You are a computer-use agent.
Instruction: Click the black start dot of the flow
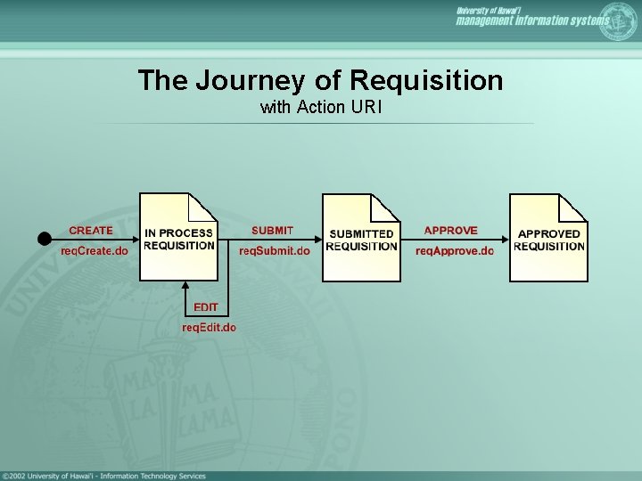pos(43,239)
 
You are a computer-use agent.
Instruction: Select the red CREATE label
pos(91,231)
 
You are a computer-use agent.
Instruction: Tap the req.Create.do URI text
pos(94,251)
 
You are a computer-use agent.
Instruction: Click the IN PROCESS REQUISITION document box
pos(178,238)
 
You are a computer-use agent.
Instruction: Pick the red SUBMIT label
pos(272,231)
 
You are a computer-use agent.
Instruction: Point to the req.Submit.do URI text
pos(275,251)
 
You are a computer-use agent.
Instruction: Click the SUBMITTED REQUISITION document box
pos(361,239)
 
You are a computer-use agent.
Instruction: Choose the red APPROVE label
pos(450,231)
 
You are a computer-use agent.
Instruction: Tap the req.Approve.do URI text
pos(454,251)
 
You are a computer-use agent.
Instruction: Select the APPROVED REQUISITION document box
pos(548,239)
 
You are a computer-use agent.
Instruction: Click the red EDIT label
pos(206,307)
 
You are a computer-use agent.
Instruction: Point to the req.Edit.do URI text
pos(209,327)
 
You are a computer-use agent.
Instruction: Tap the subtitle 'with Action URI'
pos(321,108)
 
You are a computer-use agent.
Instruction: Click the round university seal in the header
pos(619,20)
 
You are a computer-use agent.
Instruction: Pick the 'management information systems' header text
pos(532,21)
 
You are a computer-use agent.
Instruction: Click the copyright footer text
pos(104,476)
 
